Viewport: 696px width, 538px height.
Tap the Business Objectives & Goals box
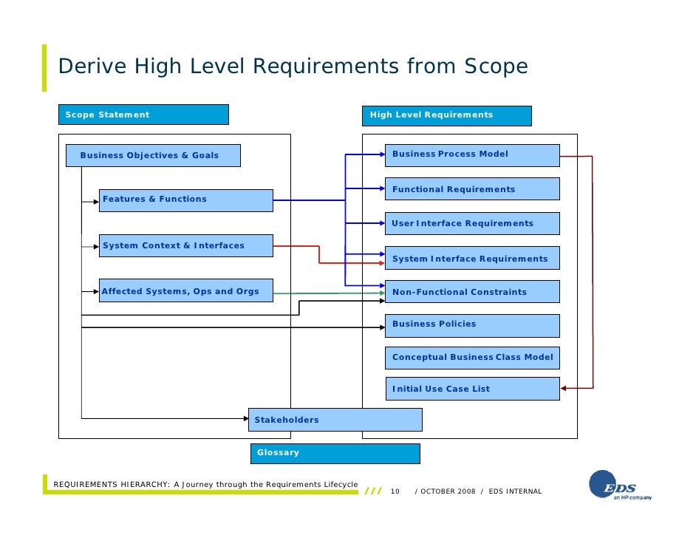coord(160,155)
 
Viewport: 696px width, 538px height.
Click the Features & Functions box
coord(185,200)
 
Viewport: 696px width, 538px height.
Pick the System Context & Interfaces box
coord(185,246)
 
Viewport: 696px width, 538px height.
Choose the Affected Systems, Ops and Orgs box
coord(185,291)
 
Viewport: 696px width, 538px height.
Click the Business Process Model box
coord(471,154)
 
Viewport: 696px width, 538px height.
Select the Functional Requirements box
coord(471,189)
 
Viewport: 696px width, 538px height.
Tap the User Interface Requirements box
coord(471,223)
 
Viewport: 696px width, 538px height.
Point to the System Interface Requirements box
coord(471,258)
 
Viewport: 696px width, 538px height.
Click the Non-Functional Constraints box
coord(471,291)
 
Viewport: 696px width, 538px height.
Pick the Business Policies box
coord(471,324)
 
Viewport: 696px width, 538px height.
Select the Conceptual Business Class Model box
coord(471,358)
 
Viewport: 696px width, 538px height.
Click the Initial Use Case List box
coord(471,389)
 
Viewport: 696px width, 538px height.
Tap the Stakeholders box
coord(335,420)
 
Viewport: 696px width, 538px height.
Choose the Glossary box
coord(335,453)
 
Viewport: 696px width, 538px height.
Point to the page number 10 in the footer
coord(395,491)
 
